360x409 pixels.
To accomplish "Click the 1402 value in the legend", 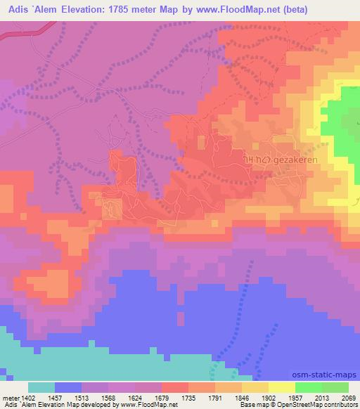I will (x=28, y=398).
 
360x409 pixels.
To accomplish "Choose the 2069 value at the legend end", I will (x=348, y=398).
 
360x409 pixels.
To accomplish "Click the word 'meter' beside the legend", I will (x=11, y=398).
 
